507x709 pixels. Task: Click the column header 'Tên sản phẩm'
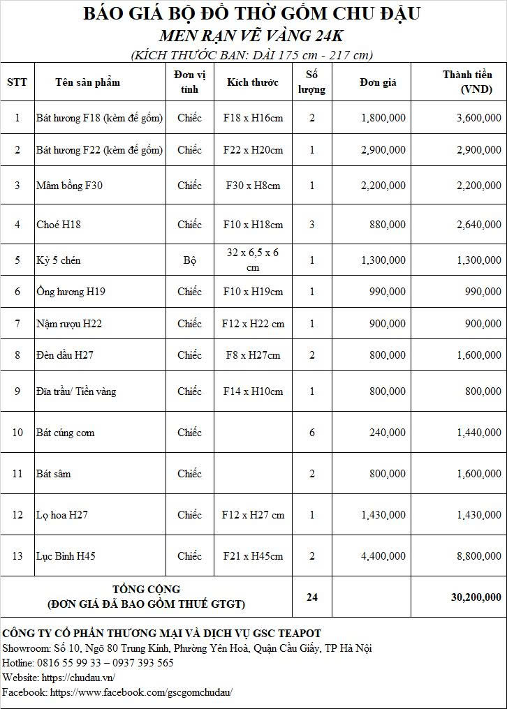click(87, 82)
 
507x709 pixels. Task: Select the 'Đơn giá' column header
click(378, 82)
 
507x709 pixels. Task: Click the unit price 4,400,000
click(383, 556)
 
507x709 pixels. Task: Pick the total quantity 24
click(311, 597)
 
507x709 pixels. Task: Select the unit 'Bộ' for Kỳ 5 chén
click(189, 260)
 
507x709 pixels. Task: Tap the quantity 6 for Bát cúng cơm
click(311, 433)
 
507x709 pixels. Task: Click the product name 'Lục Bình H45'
click(66, 556)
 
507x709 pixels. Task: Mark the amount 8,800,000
click(479, 556)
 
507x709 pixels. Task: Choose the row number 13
click(17, 556)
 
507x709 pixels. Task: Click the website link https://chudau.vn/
click(78, 678)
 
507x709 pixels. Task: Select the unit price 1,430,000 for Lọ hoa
click(383, 515)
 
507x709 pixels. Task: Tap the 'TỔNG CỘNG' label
click(146, 590)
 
